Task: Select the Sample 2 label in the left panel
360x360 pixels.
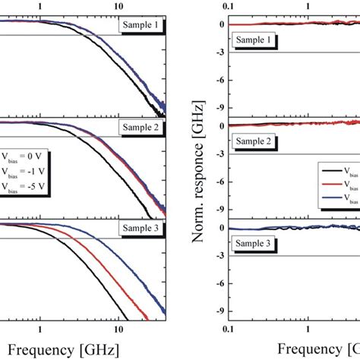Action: click(x=140, y=128)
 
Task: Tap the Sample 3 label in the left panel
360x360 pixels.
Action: click(x=140, y=229)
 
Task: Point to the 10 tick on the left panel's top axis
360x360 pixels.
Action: click(x=118, y=5)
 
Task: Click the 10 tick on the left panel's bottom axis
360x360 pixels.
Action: click(x=118, y=331)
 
